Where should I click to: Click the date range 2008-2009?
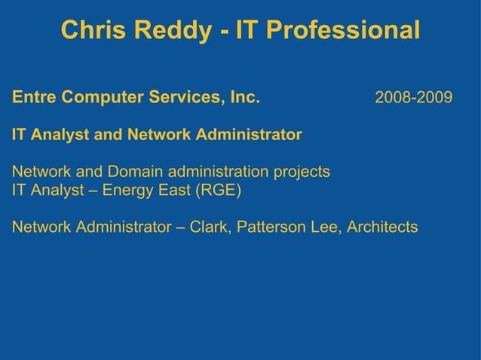(x=414, y=99)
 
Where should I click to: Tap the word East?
(x=173, y=190)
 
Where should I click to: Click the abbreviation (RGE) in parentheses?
(x=219, y=190)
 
